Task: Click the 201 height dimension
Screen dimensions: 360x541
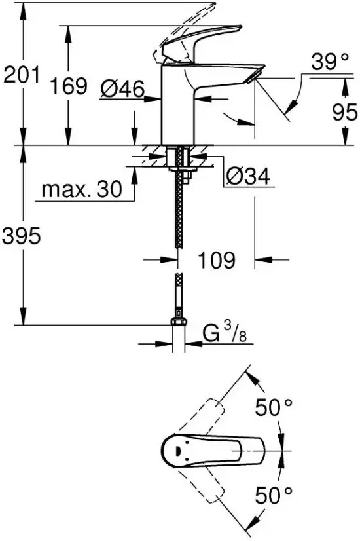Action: tap(22, 75)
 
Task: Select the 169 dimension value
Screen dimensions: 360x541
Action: tap(69, 86)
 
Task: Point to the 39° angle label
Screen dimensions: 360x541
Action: tap(330, 62)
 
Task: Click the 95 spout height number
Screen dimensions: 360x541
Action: tap(344, 112)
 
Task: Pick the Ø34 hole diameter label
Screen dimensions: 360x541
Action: tap(248, 177)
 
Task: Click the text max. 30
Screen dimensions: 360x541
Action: tap(82, 189)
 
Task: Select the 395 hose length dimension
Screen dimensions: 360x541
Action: tap(22, 236)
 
